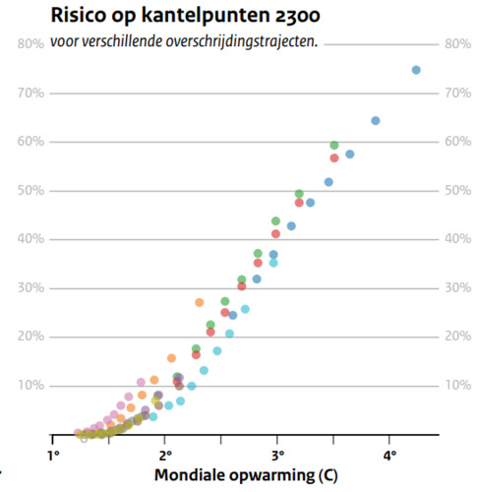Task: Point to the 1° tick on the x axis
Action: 54,455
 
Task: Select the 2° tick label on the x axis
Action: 166,455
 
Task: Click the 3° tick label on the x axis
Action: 278,455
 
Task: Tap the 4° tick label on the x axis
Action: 390,455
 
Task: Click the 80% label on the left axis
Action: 30,44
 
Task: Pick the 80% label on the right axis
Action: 457,44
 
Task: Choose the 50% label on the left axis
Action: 30,190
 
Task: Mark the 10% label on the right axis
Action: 457,385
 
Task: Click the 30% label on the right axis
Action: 457,287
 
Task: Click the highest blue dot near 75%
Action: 416,70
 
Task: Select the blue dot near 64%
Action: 376,121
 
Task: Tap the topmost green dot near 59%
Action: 334,146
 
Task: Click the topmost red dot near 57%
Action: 334,157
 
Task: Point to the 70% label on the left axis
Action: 30,92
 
